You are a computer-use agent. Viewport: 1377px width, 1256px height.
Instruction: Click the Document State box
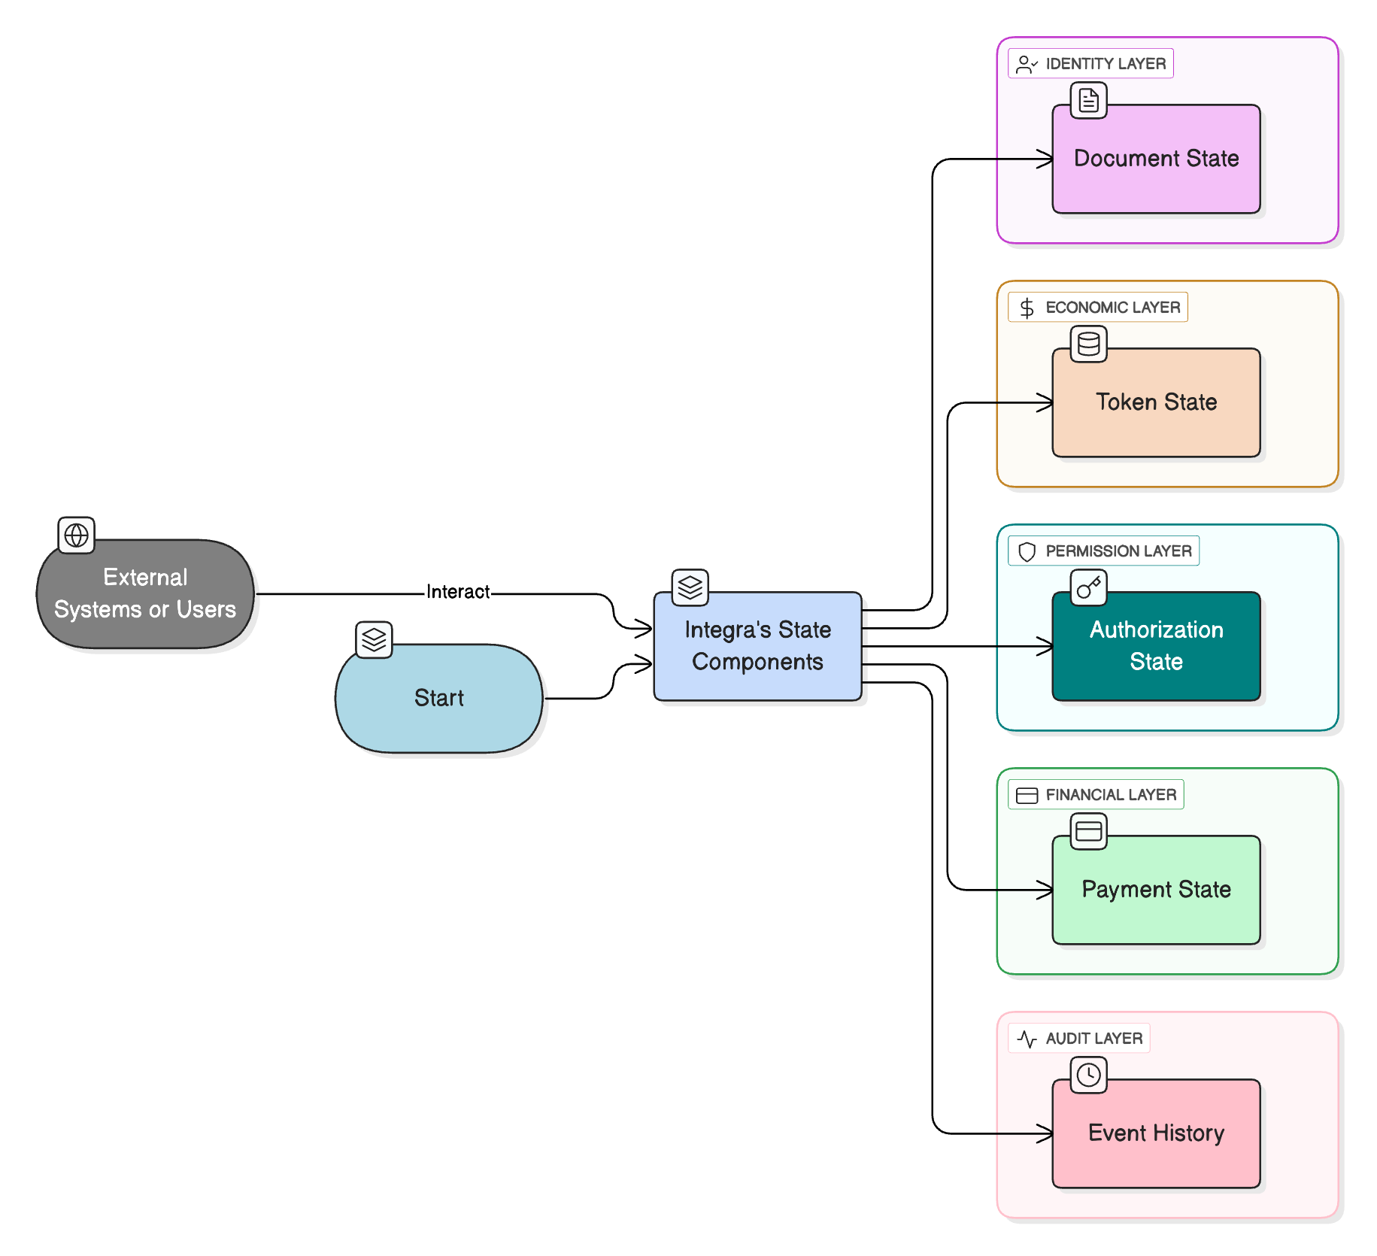pos(1156,159)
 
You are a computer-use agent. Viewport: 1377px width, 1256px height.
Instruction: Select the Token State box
pos(1156,402)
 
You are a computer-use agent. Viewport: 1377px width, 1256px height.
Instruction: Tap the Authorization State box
pos(1156,646)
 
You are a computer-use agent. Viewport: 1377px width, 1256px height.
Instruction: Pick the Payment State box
pos(1156,890)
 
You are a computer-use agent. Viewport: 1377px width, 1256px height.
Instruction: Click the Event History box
pos(1156,1133)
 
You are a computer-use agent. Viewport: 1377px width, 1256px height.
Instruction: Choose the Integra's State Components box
pos(757,646)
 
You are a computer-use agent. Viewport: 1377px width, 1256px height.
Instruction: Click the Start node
pos(439,698)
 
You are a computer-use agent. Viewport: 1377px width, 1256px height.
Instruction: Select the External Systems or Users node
pos(145,593)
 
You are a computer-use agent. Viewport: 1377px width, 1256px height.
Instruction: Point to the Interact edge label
pos(458,592)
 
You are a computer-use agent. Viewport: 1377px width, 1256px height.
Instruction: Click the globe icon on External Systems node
pos(77,535)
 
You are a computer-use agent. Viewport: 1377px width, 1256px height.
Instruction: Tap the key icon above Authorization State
pos(1089,587)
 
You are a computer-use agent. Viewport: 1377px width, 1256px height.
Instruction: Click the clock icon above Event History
pos(1089,1075)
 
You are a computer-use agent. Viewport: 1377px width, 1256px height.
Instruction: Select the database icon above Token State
pos(1089,344)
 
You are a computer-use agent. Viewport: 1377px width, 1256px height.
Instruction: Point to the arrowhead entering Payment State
pos(1045,890)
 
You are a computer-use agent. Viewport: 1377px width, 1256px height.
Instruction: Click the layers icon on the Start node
pos(374,640)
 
